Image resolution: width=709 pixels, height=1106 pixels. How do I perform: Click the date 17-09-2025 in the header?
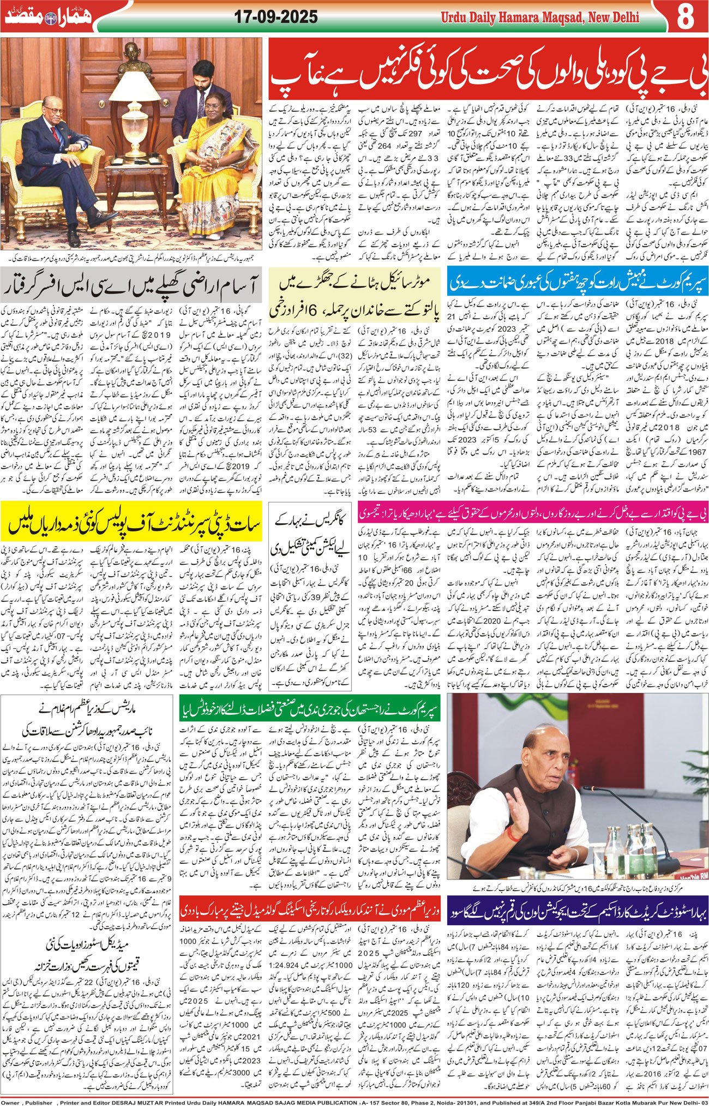tap(276, 17)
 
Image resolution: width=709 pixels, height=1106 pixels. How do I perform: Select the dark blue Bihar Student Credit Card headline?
tap(577, 910)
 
